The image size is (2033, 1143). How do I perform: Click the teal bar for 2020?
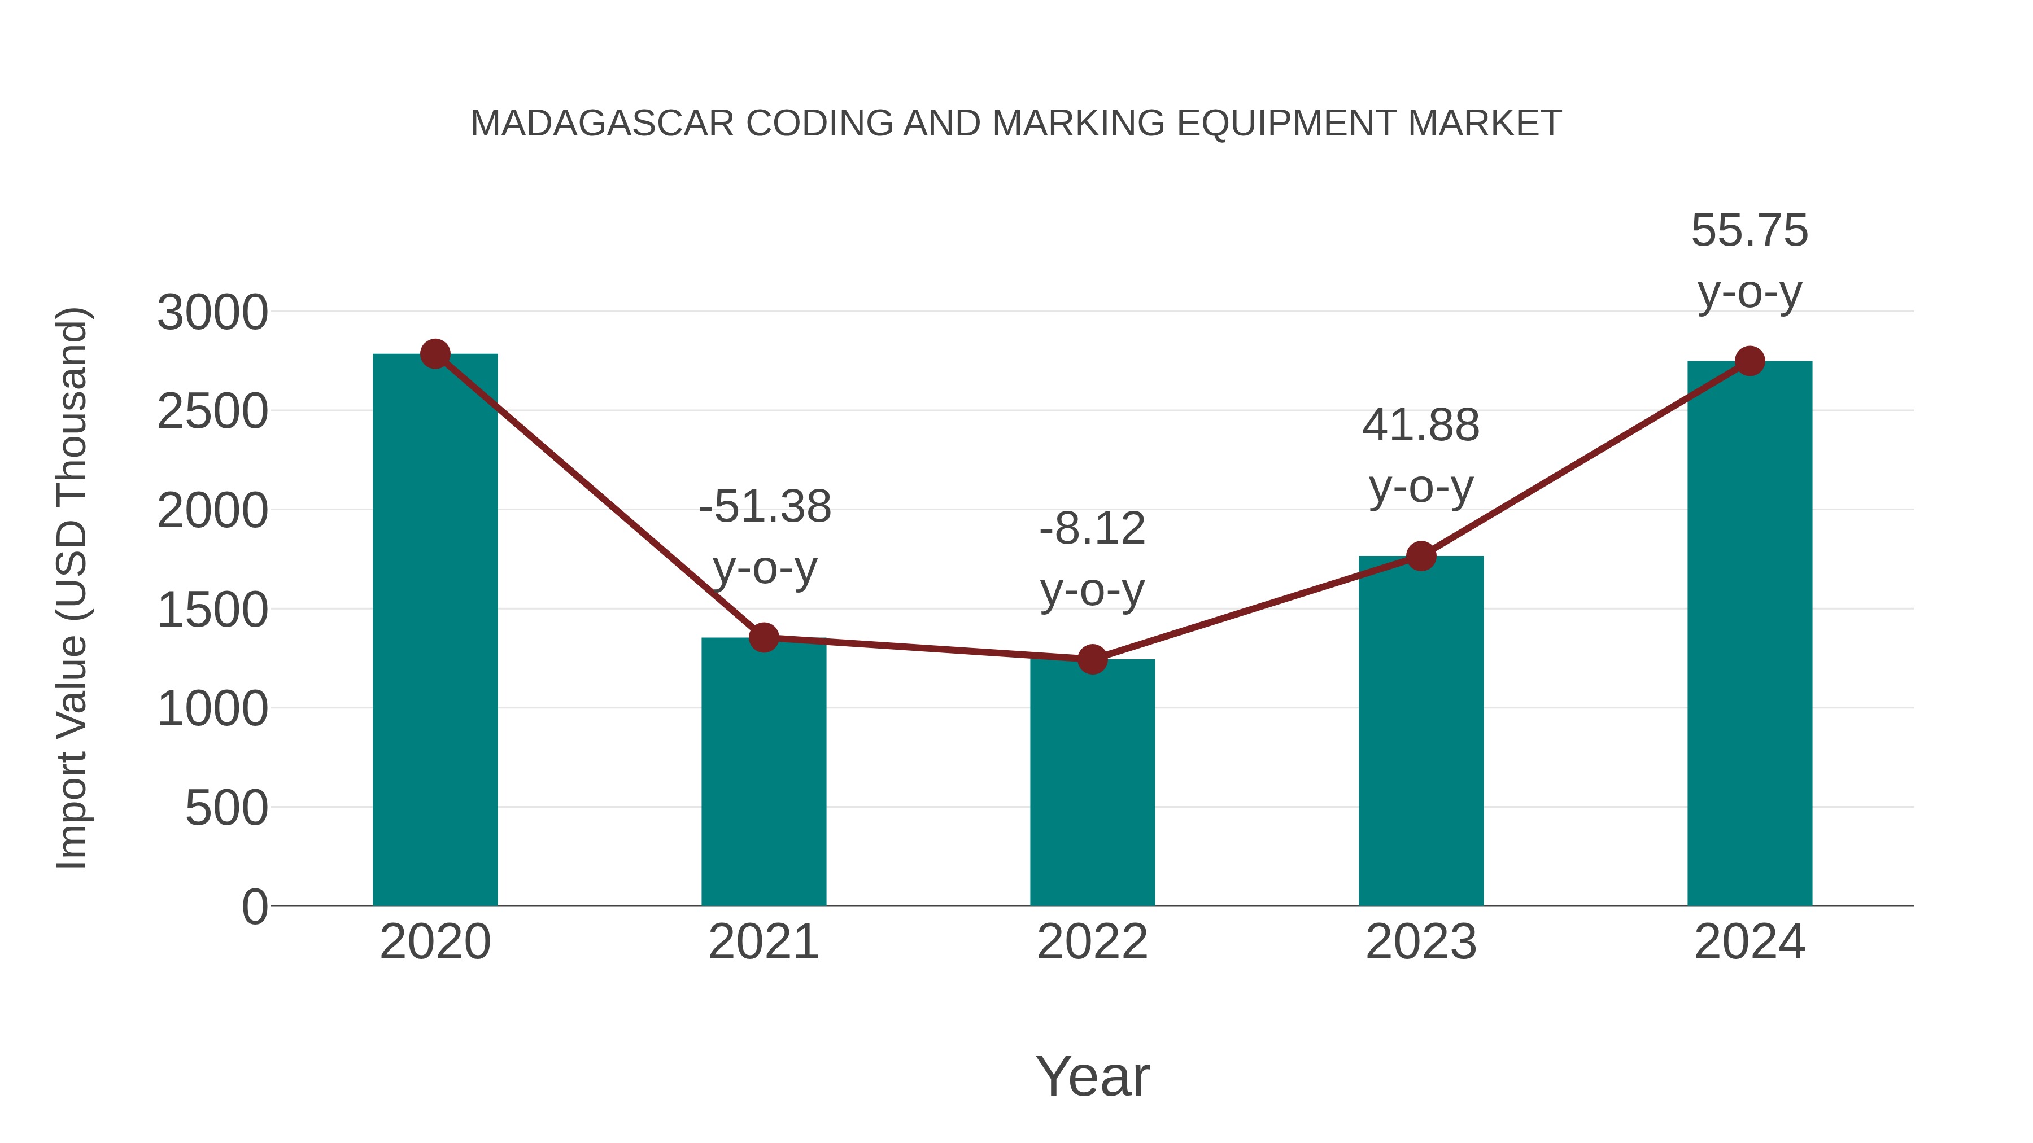[435, 631]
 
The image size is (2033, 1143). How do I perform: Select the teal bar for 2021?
[763, 773]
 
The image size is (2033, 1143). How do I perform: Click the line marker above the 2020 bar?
[435, 354]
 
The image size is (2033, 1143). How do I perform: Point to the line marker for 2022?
[1092, 659]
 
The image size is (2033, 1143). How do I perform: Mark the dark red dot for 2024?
[1750, 361]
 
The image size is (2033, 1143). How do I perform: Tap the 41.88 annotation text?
[1421, 426]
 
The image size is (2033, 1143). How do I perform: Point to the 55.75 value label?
[1750, 231]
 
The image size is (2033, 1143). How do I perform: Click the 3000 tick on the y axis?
[212, 312]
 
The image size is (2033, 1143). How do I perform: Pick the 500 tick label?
[226, 808]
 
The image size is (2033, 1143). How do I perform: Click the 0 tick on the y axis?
[255, 907]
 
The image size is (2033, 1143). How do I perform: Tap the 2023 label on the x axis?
[1421, 942]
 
